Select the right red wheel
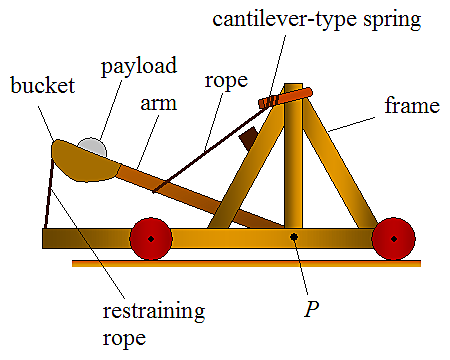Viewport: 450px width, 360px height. click(393, 239)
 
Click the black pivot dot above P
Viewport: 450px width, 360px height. click(292, 237)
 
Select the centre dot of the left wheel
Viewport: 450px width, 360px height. click(150, 239)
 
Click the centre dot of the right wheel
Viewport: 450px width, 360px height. click(393, 239)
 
